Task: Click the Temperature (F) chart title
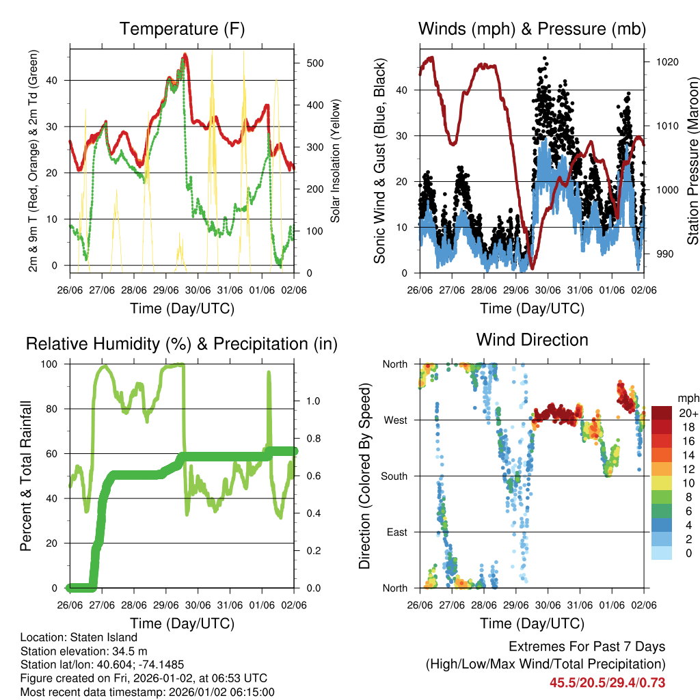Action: coord(182,29)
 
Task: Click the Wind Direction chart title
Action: coord(532,339)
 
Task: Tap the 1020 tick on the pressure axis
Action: coord(667,62)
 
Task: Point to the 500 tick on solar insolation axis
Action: coord(314,63)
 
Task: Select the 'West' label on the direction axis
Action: coord(395,420)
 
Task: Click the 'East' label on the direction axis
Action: coord(396,532)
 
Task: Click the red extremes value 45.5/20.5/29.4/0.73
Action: coord(607,682)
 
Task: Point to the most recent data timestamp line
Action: coord(148,692)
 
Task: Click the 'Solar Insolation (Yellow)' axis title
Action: coord(336,161)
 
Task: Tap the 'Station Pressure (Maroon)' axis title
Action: coord(692,161)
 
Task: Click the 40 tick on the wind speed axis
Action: coord(404,90)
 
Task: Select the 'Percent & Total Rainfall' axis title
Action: coord(26,476)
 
